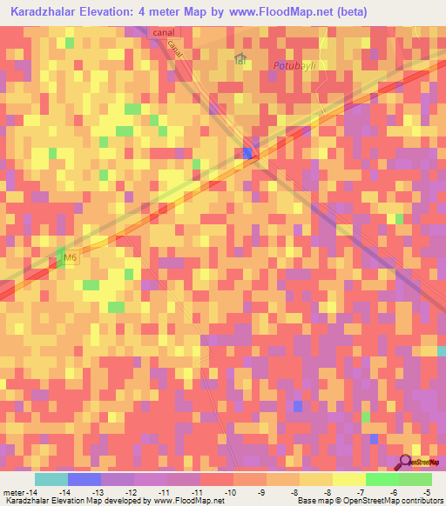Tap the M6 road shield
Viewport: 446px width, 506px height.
coord(71,258)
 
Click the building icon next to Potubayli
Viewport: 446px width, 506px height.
coord(240,59)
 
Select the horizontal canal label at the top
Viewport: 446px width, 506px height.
coord(163,33)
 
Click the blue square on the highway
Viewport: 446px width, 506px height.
coord(247,153)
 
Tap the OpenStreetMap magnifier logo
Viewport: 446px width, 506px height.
coord(407,461)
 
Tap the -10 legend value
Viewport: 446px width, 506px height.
coord(231,492)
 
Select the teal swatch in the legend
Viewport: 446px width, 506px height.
coord(51,479)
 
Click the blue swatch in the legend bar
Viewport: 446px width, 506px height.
coord(84,479)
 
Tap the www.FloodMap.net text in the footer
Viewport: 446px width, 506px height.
coord(184,501)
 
